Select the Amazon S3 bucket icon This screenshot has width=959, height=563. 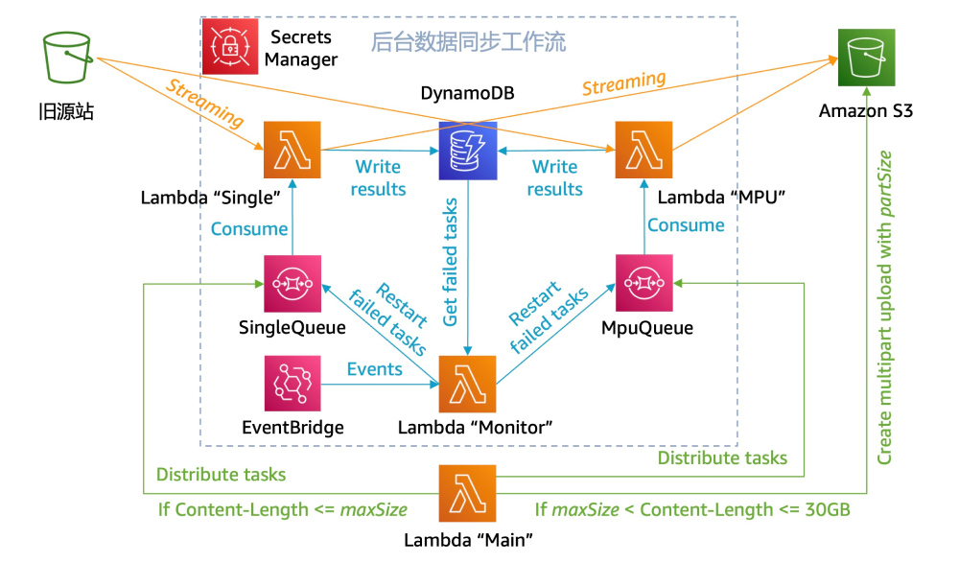pyautogui.click(x=865, y=59)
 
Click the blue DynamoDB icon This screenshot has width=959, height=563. pyautogui.click(x=468, y=151)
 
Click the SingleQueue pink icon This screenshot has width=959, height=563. pyautogui.click(x=292, y=285)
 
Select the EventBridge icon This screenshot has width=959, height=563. pyautogui.click(x=292, y=385)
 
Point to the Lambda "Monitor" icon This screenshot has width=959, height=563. pyautogui.click(x=468, y=385)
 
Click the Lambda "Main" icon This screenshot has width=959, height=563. pyautogui.click(x=467, y=494)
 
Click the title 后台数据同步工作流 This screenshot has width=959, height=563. pyautogui.click(x=468, y=42)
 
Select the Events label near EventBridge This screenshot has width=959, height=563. pyautogui.click(x=375, y=369)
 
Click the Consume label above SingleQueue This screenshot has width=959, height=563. pyautogui.click(x=248, y=228)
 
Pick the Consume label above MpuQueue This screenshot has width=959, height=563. pyautogui.click(x=686, y=225)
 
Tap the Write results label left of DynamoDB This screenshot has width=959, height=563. pyautogui.click(x=379, y=178)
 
